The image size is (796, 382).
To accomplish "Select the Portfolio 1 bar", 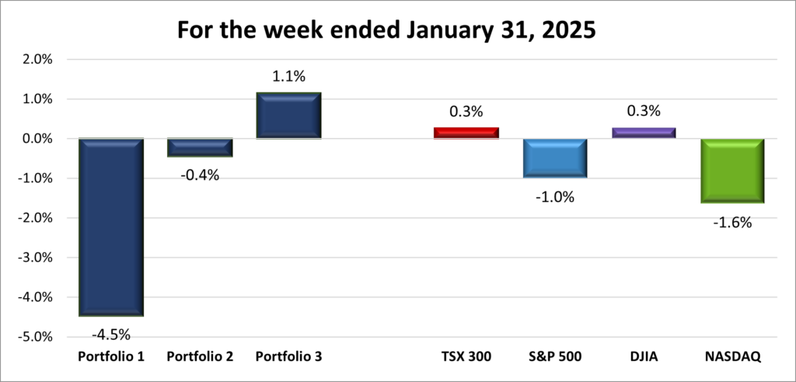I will coord(110,227).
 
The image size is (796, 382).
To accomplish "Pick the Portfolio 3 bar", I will coord(288,116).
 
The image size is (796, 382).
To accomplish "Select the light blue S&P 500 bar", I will coord(555,158).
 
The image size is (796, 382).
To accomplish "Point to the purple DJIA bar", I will coord(643,133).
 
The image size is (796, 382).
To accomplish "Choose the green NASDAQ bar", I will coord(732,171).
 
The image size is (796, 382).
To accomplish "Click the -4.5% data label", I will coord(110,335).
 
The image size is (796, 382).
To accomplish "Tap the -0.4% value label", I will coord(200,175).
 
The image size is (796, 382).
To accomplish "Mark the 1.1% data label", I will coord(288,78).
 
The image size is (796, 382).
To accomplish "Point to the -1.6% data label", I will coord(732,223).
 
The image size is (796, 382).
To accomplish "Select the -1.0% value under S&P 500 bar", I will coord(555,197).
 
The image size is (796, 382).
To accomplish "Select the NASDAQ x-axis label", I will coord(731,357).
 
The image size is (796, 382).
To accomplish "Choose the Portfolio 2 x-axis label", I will coord(199,357).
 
